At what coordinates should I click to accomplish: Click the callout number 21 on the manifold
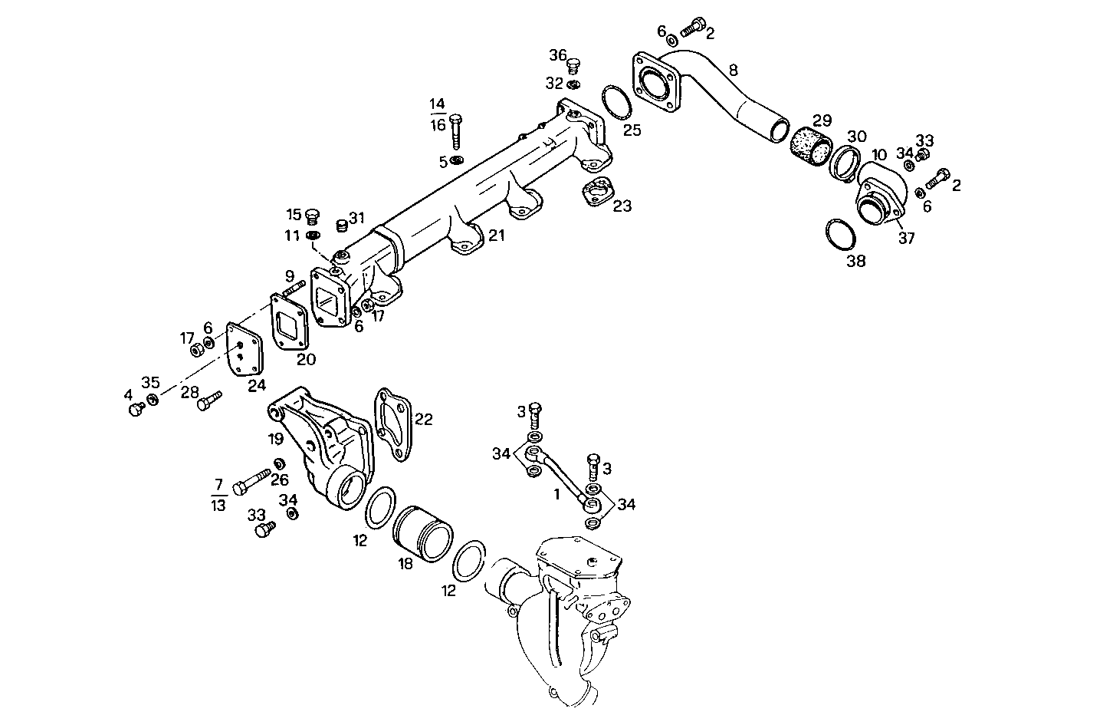497,236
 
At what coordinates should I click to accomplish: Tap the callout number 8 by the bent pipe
733,71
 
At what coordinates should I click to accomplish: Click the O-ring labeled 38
842,235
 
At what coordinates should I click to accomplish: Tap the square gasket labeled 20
290,325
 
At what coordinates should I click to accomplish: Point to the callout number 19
276,439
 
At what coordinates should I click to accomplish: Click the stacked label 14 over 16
437,114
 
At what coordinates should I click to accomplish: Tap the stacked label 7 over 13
218,494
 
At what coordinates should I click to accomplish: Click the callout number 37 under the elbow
907,238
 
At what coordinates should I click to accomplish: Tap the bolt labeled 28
209,400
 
